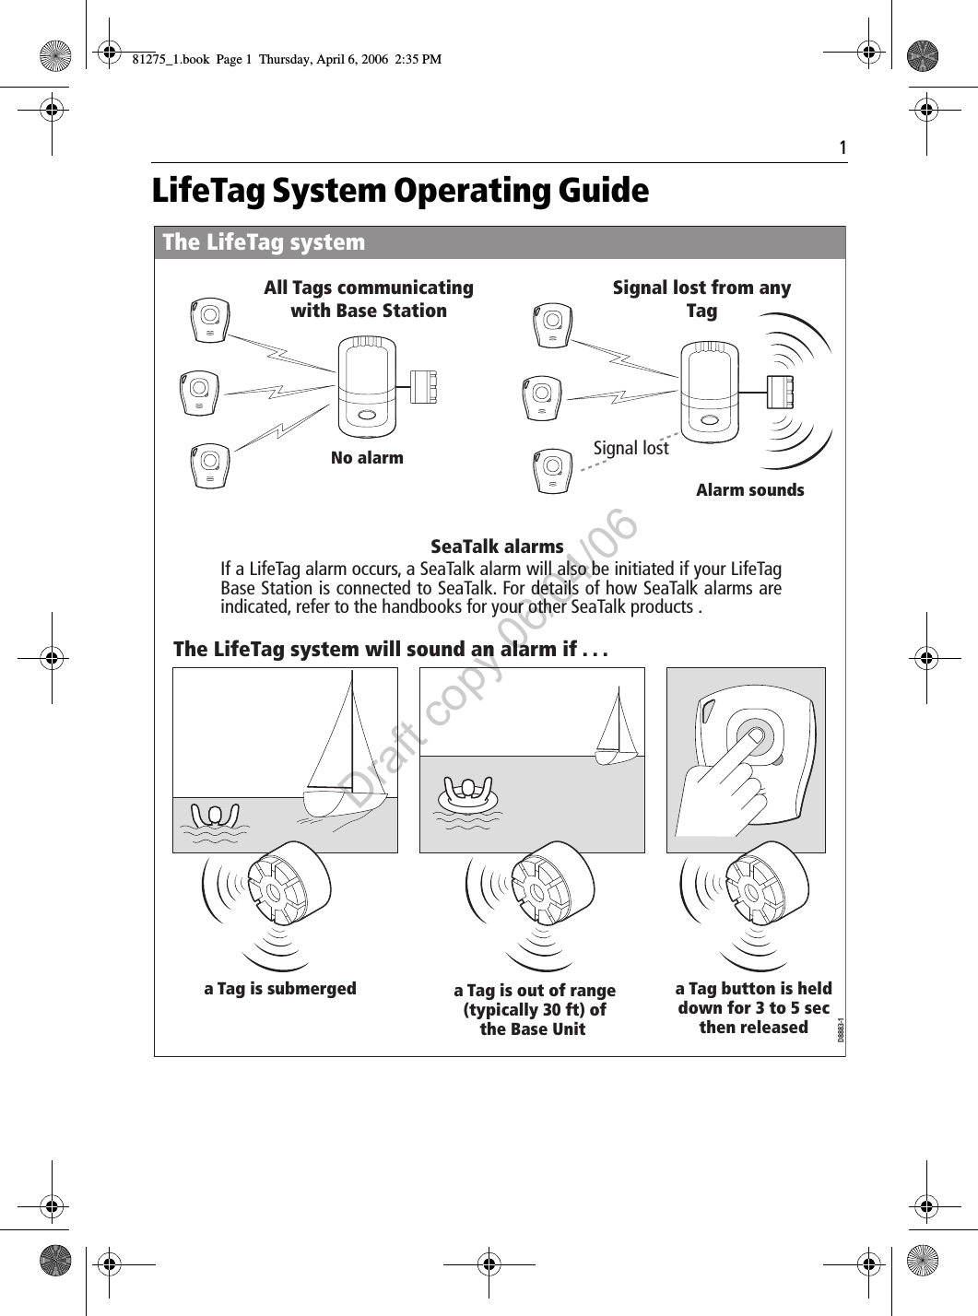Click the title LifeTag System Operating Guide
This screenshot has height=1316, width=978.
tap(400, 192)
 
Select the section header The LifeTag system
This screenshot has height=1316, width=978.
tap(264, 242)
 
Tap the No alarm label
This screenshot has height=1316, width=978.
tap(367, 457)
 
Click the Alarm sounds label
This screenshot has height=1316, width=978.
tap(749, 490)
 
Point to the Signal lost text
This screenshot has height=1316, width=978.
tap(630, 448)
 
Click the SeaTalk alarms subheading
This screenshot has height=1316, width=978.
tap(497, 547)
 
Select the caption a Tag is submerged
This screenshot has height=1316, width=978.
tap(279, 989)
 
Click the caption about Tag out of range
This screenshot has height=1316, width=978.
tap(534, 1009)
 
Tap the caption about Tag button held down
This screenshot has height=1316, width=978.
tap(753, 1007)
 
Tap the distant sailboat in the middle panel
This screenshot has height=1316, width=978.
tap(617, 729)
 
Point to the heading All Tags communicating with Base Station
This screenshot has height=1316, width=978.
tap(369, 300)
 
